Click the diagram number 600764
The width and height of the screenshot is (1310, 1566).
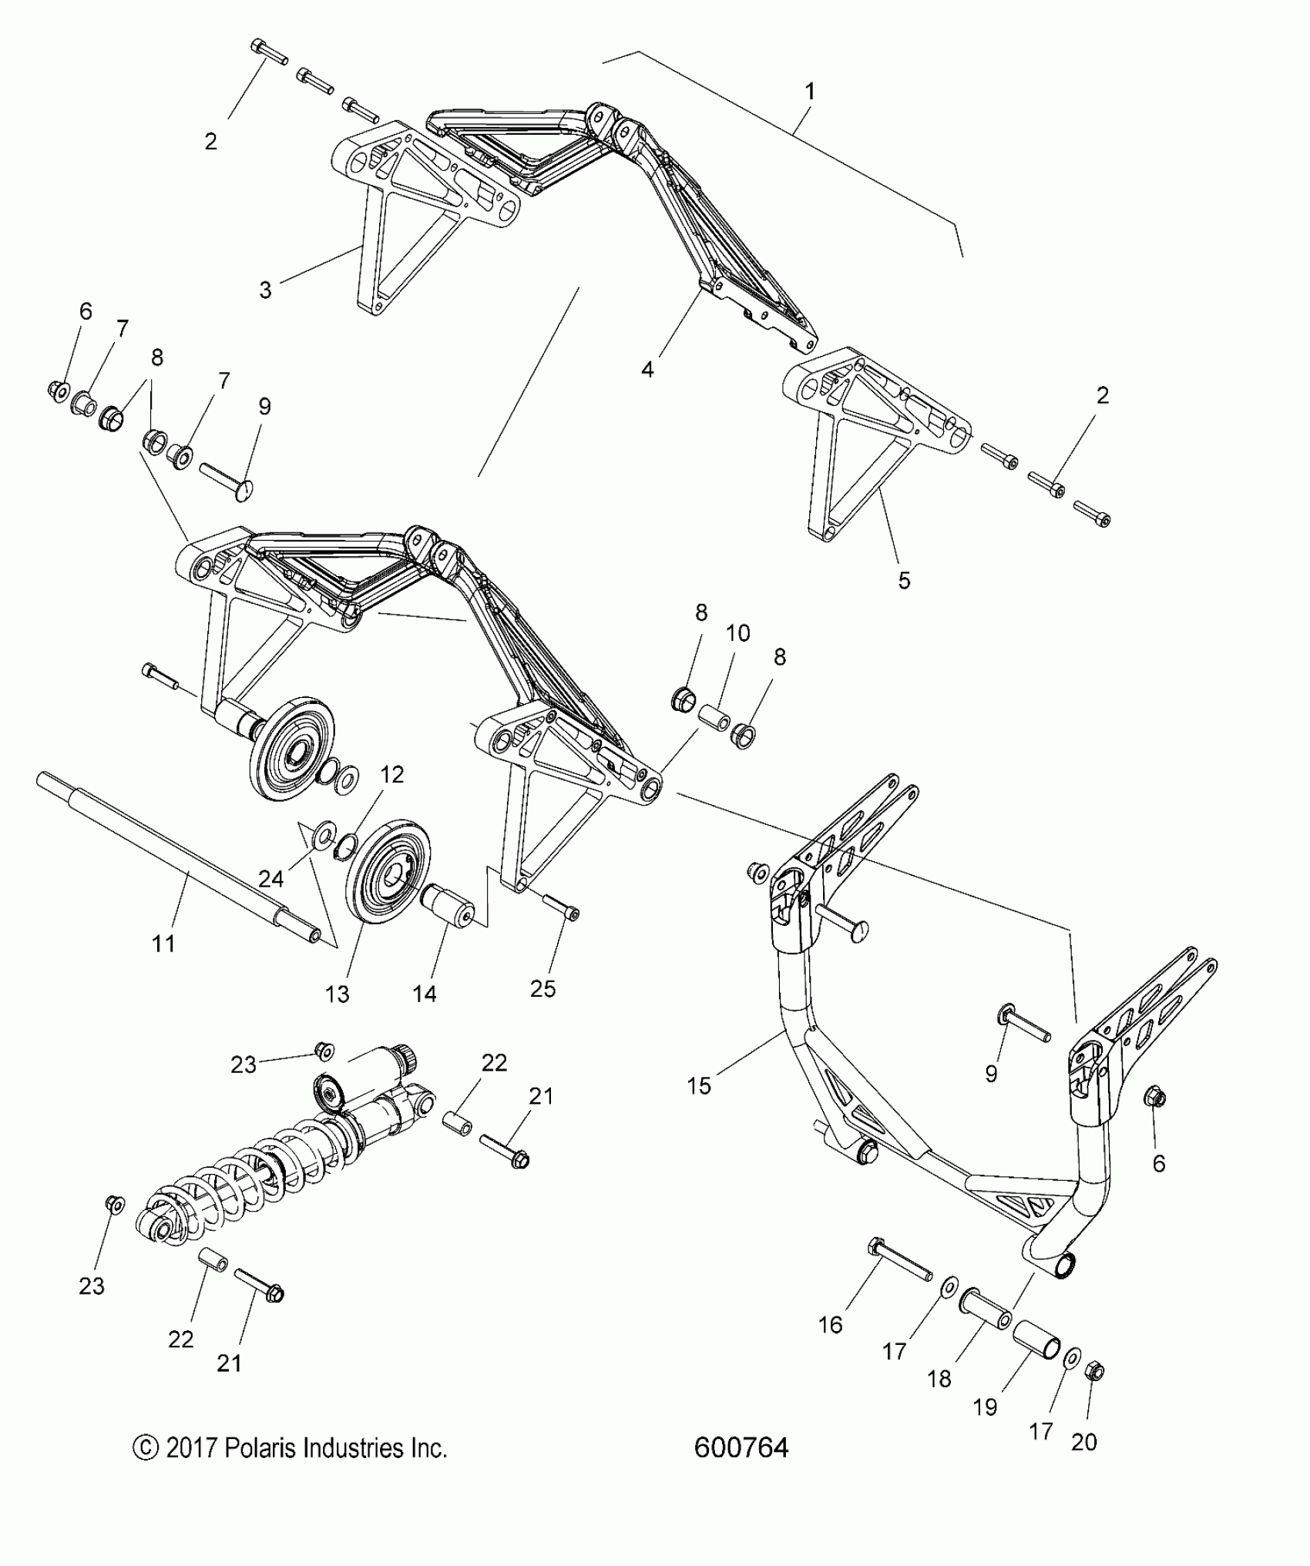coord(741,1448)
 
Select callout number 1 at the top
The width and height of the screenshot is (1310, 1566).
coord(809,92)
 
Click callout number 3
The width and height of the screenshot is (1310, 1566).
coord(265,290)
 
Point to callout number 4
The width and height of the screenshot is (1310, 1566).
coord(647,370)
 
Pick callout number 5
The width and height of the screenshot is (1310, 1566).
coord(904,580)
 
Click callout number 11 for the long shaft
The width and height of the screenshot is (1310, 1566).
coord(163,943)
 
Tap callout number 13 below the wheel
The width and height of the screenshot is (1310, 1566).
coord(338,994)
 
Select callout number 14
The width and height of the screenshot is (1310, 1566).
coord(425,994)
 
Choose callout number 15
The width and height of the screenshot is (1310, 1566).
coord(700,1086)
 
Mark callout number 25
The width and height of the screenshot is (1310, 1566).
coord(543,988)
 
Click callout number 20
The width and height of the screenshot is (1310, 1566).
coord(1084,1442)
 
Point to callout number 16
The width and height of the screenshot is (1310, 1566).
coord(831,1325)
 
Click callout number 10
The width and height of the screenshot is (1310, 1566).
coord(737,633)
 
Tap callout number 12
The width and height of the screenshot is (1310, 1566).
coord(392,774)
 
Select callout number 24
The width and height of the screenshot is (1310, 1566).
coord(270,878)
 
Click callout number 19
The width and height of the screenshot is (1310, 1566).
coord(986,1407)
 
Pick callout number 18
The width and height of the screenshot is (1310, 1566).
coord(939,1379)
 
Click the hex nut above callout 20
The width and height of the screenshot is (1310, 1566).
coord(1096,1372)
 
